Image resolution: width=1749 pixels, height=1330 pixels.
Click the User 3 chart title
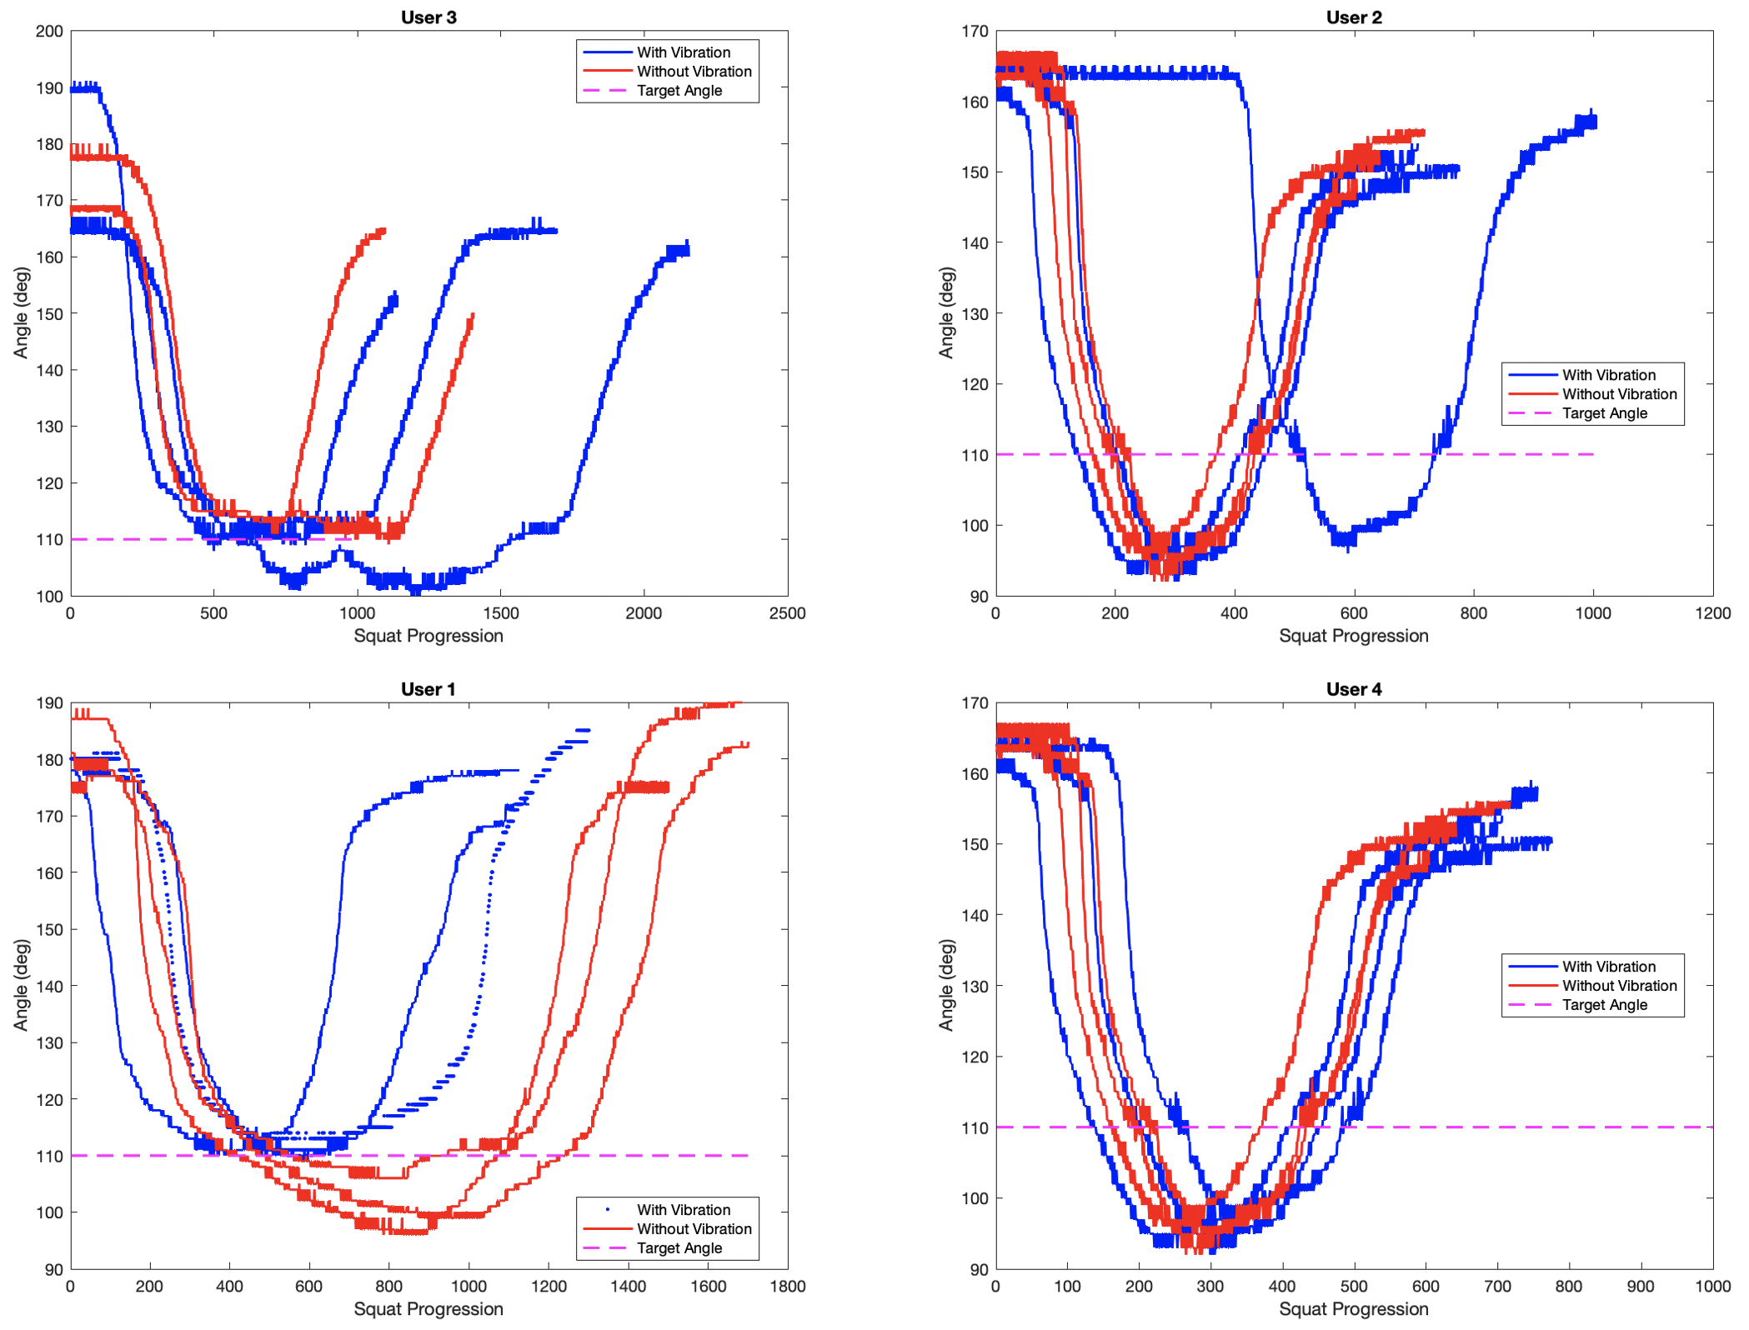(428, 17)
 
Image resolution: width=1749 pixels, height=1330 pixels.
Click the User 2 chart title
(1353, 17)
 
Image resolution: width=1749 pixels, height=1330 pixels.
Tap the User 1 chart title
(428, 689)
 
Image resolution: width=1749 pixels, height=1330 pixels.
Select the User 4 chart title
(1353, 689)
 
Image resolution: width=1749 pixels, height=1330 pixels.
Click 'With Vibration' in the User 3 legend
(683, 52)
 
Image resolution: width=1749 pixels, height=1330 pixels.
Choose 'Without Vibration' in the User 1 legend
(694, 1229)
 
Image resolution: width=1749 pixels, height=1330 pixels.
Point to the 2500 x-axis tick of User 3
(787, 613)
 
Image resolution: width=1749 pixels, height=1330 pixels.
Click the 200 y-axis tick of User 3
(49, 32)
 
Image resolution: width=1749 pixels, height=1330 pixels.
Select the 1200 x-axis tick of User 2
(1712, 613)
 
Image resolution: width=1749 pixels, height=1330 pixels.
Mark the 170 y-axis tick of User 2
(975, 32)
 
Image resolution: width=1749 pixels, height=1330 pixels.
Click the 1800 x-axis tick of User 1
(787, 1286)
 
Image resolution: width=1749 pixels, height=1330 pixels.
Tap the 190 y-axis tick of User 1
(49, 703)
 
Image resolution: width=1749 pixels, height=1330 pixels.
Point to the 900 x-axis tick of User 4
(1641, 1286)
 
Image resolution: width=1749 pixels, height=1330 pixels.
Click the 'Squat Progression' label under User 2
(1353, 636)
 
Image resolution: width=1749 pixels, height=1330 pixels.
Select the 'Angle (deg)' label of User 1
(22, 985)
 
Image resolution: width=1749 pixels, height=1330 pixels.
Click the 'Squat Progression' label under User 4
(1353, 1309)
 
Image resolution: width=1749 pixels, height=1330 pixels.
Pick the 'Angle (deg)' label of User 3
(22, 312)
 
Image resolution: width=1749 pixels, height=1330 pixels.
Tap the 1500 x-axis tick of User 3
(500, 613)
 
